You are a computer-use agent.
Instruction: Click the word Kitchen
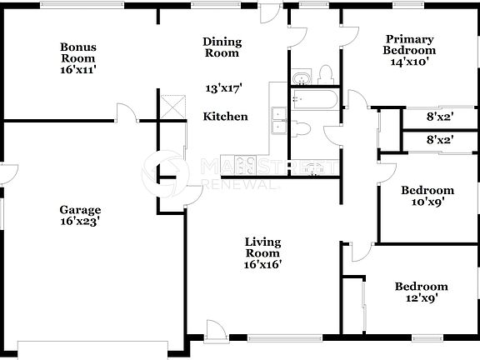225,117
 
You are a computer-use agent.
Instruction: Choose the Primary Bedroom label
409,43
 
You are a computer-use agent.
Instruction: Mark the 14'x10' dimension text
409,62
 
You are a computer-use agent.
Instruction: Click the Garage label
80,210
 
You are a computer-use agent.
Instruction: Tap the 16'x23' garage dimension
80,222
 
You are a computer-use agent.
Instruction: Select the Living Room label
262,247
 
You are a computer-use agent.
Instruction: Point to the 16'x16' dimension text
262,264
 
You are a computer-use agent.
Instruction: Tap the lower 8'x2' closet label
439,140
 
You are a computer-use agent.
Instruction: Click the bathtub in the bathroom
314,101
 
